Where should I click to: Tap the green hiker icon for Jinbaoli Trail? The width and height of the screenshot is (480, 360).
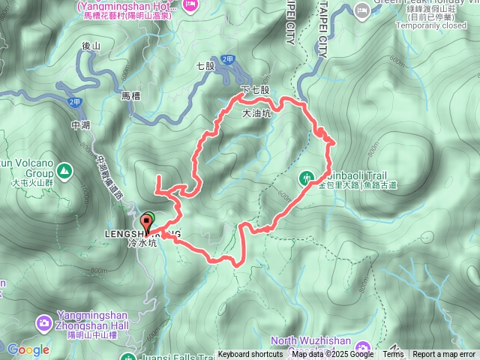[x=307, y=177]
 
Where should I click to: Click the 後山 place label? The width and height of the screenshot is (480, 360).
[x=91, y=46]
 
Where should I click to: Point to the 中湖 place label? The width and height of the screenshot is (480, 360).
[x=80, y=124]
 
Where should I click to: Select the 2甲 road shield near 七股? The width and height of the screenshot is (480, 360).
[x=227, y=60]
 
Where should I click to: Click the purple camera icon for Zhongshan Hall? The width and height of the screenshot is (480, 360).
[x=45, y=324]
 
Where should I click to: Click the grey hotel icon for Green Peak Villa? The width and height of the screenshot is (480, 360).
[x=362, y=10]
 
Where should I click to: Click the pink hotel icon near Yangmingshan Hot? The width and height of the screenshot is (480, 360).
[x=191, y=5]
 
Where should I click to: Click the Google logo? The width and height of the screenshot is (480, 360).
[x=28, y=349]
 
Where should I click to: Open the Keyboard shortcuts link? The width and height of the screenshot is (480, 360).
[x=251, y=355]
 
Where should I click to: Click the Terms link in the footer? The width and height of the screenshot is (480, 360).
[x=393, y=355]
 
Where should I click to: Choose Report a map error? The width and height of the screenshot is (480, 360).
[x=444, y=355]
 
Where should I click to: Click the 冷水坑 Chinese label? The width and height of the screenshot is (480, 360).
[x=142, y=244]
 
